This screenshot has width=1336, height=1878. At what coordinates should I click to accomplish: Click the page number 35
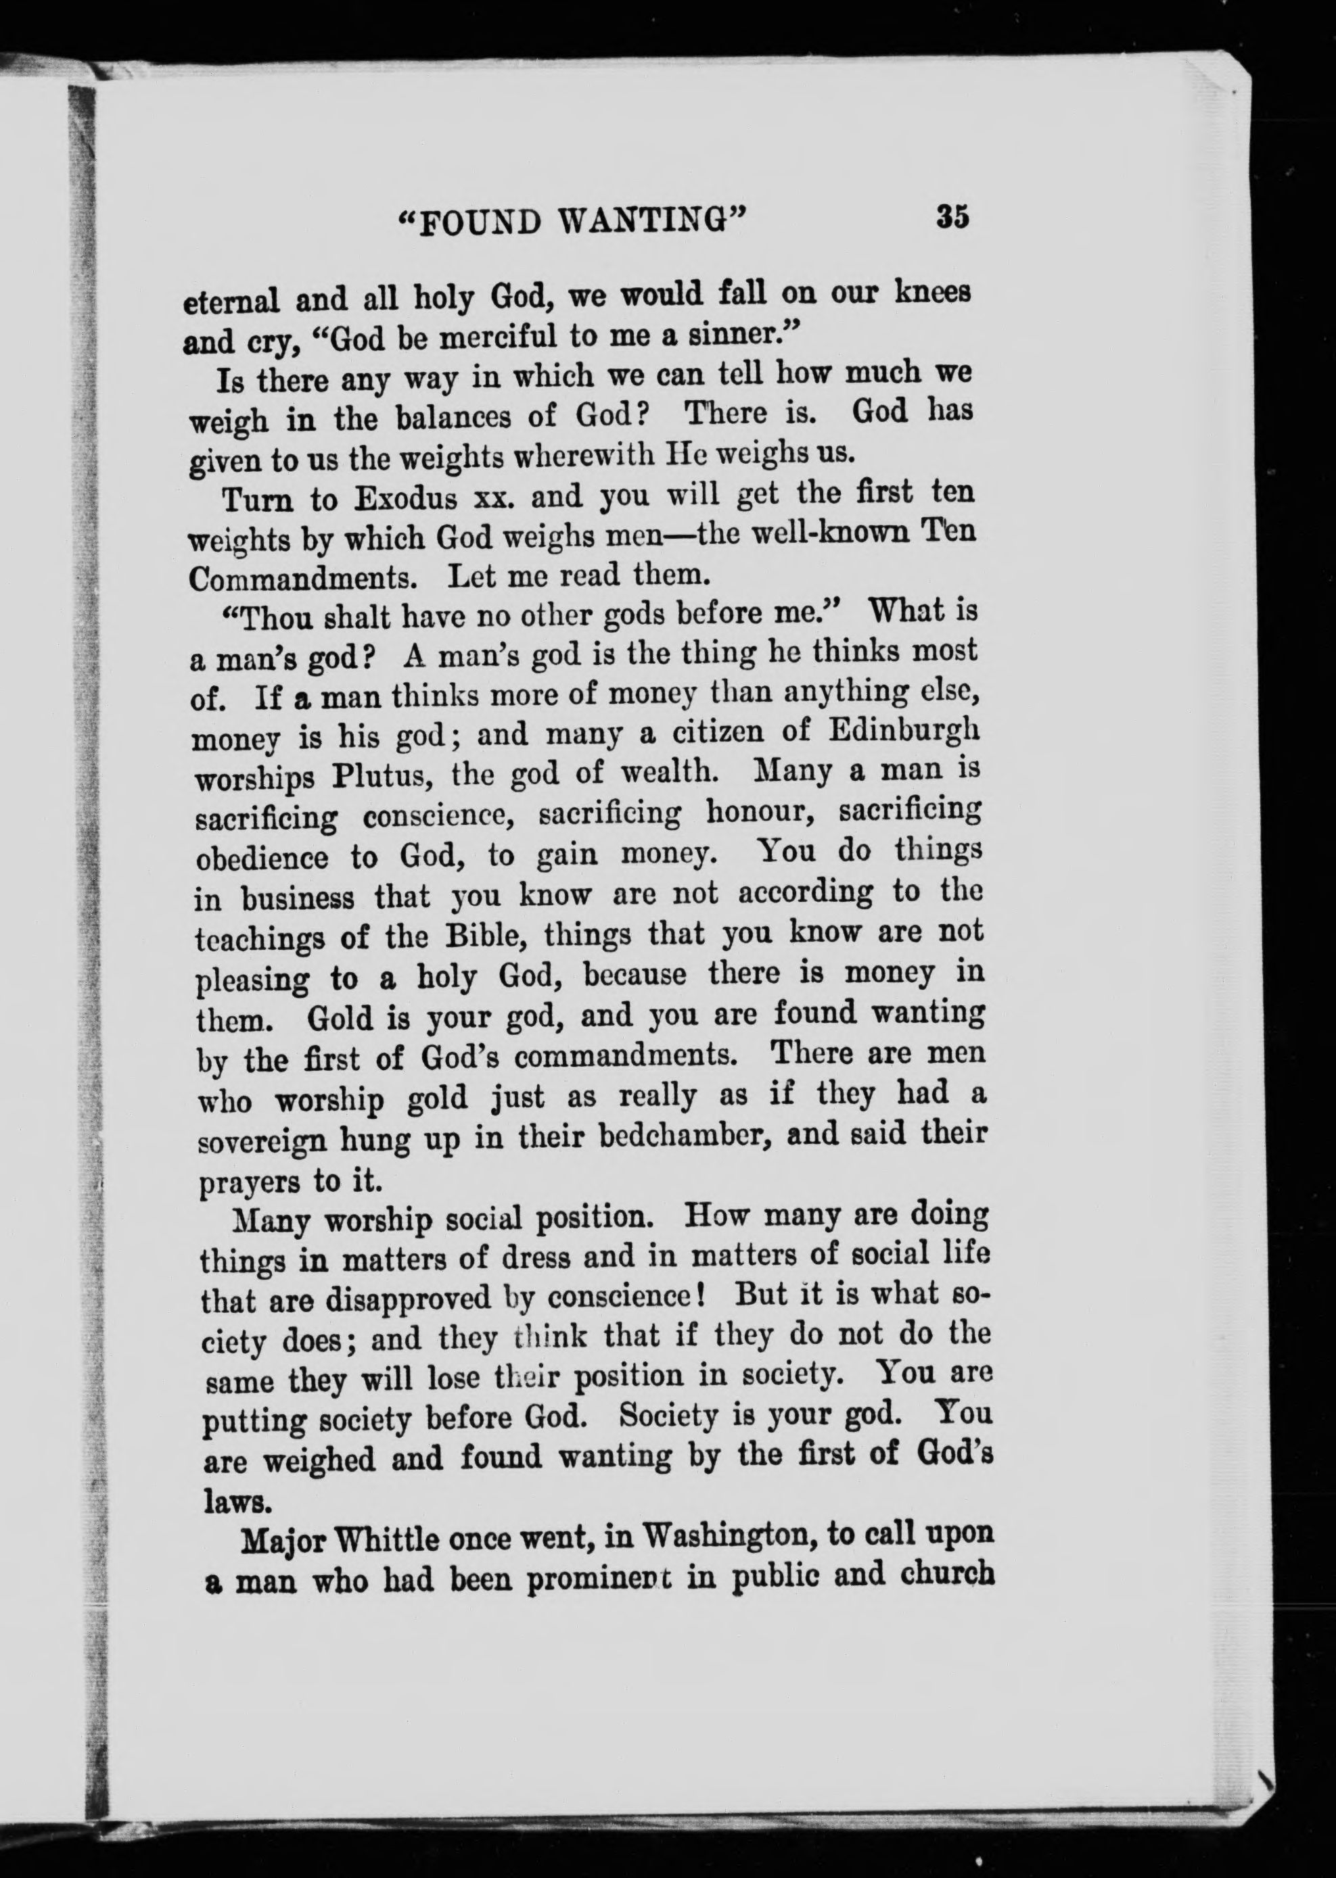(952, 217)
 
